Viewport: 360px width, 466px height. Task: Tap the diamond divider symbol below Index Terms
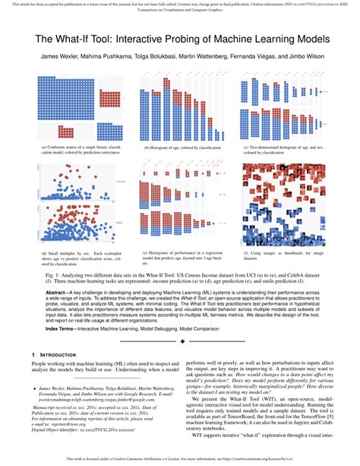coord(180,341)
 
